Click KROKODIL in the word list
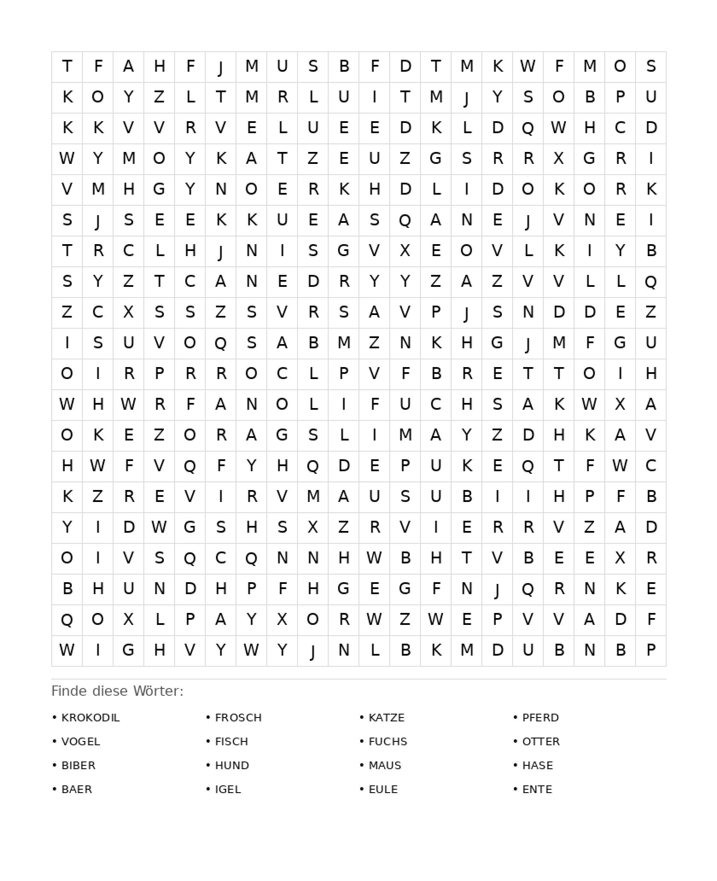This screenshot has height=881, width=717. click(x=90, y=718)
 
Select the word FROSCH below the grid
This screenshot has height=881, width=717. click(x=238, y=718)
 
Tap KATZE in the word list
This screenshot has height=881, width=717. click(x=386, y=718)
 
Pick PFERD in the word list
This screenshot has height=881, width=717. click(x=540, y=718)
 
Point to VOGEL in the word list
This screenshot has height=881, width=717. click(x=81, y=741)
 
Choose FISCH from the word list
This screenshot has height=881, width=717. click(x=231, y=741)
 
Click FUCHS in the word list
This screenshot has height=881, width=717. click(x=388, y=741)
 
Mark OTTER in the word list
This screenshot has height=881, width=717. click(x=541, y=741)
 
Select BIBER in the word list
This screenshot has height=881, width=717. click(x=79, y=765)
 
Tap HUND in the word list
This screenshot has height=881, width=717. click(x=232, y=765)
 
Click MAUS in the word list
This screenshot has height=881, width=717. click(x=385, y=765)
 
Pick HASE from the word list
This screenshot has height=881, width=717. click(x=537, y=765)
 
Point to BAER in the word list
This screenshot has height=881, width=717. click(x=77, y=789)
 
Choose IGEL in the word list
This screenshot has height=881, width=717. click(x=228, y=789)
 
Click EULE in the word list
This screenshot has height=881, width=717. click(x=383, y=789)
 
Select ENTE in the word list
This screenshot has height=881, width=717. click(x=537, y=789)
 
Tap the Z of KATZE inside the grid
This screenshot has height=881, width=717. click(x=313, y=158)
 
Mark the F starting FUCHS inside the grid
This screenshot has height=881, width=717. click(x=374, y=404)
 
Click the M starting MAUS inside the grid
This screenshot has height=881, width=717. click(x=313, y=496)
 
